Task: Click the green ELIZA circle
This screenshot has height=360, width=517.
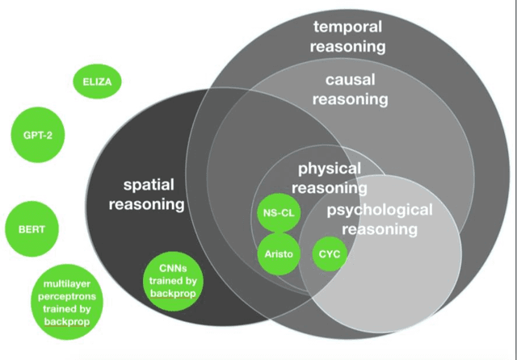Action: (x=97, y=81)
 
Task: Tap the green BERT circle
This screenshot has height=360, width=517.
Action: (x=32, y=229)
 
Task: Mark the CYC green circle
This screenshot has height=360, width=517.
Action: (x=327, y=254)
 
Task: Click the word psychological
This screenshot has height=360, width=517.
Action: (x=379, y=210)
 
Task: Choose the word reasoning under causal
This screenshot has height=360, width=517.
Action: (x=350, y=100)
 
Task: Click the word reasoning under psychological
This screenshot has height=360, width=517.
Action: (x=379, y=229)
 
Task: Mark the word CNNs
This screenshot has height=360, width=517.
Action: (x=173, y=267)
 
